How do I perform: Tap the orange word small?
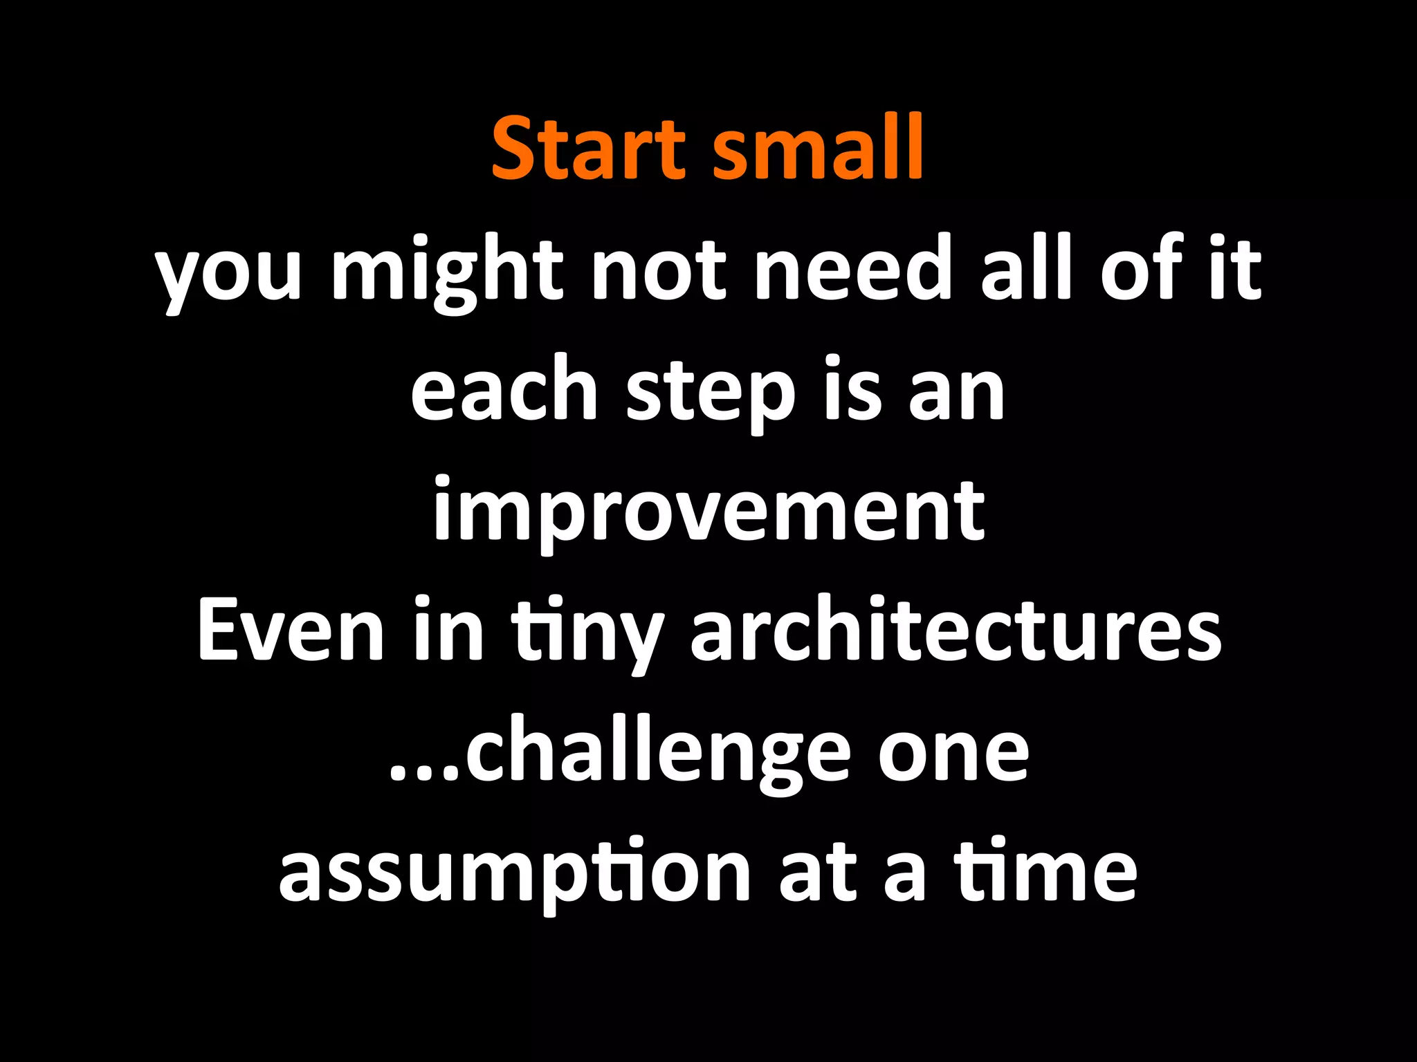(818, 149)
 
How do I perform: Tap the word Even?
(291, 633)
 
